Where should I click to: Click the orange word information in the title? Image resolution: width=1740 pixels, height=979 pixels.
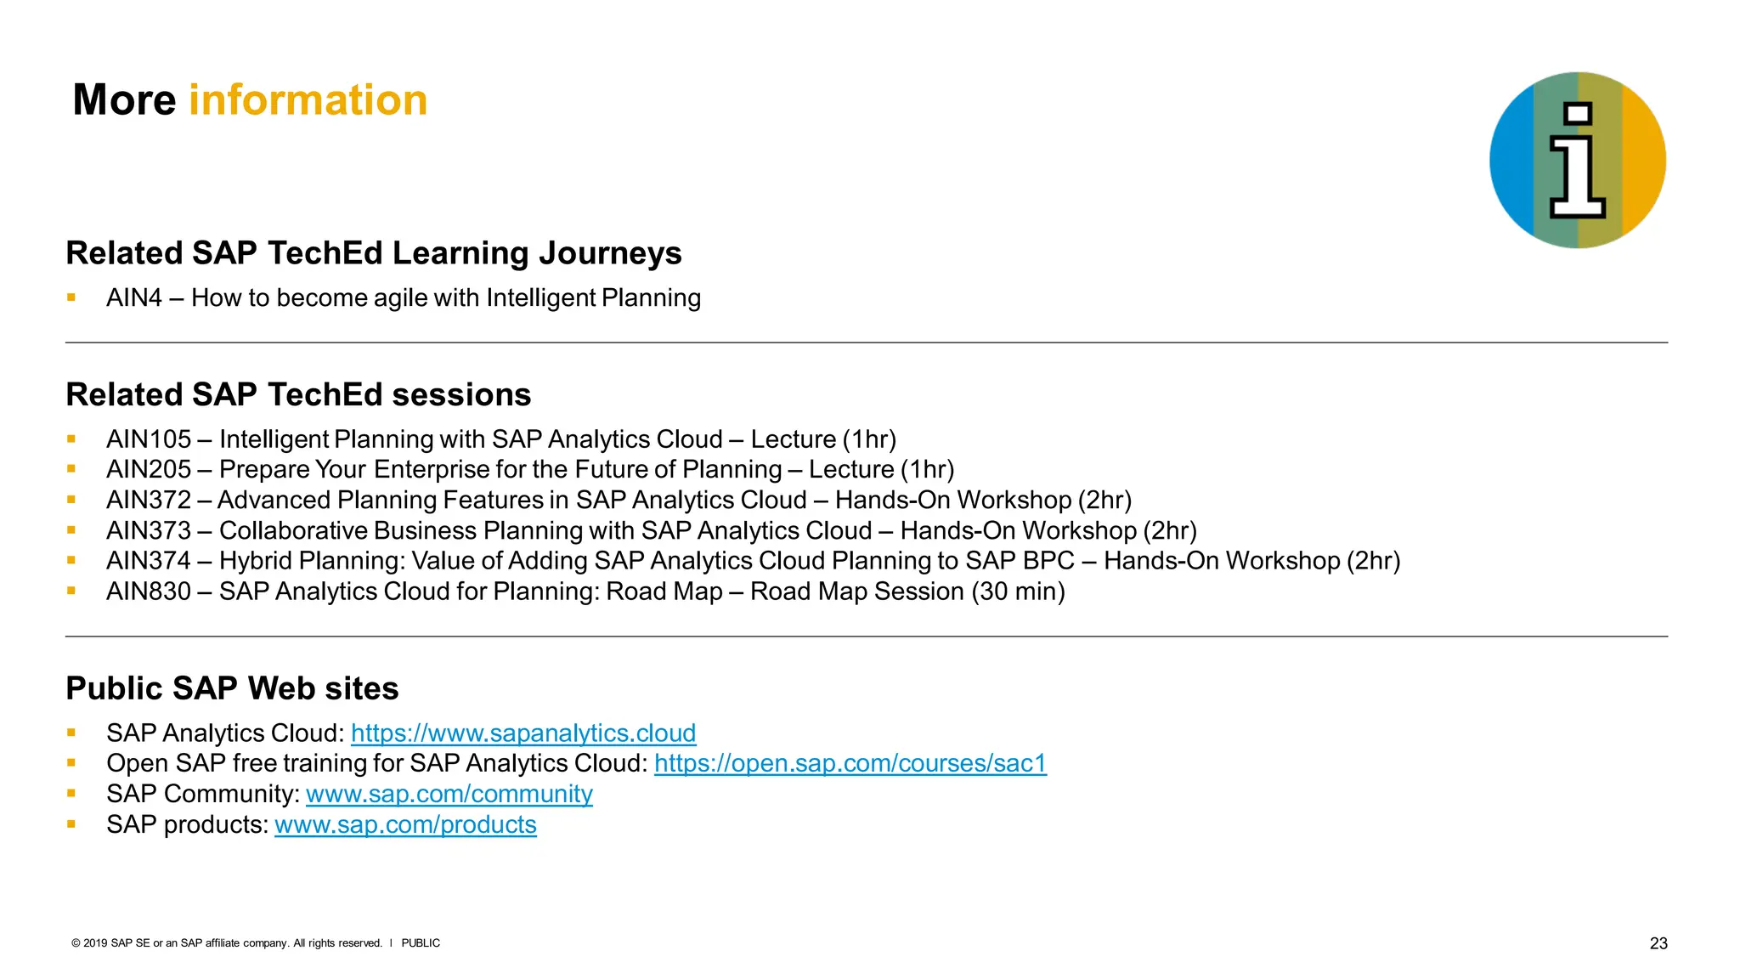[x=308, y=100]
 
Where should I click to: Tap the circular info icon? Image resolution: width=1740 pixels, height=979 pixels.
[x=1577, y=160]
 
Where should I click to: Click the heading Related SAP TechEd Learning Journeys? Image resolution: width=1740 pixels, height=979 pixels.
[x=374, y=253]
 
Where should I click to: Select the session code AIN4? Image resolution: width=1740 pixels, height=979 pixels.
[x=134, y=298]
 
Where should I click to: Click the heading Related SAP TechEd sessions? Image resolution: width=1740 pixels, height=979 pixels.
[x=298, y=395]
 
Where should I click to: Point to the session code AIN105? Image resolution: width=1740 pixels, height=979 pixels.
[x=149, y=439]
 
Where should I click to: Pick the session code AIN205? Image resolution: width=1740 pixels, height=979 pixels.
[x=149, y=470]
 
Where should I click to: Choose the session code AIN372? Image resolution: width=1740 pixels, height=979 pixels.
[x=149, y=501]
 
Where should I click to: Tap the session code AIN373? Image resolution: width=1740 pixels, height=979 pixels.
[x=149, y=531]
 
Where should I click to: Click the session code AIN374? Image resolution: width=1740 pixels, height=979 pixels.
[x=149, y=561]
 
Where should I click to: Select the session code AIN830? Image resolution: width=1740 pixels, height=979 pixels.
[x=149, y=591]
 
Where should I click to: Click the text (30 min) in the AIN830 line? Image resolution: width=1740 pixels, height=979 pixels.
[x=1018, y=591]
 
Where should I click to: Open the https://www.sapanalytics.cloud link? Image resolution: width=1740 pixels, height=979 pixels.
[x=523, y=733]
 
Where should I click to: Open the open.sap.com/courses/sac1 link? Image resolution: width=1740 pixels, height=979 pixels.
[x=850, y=764]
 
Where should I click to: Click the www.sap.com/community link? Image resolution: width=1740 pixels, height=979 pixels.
[x=449, y=795]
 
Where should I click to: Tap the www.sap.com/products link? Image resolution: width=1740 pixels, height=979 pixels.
[x=405, y=825]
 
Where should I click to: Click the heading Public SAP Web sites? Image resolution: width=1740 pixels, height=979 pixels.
[x=232, y=688]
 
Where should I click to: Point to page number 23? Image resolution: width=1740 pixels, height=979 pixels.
[x=1658, y=943]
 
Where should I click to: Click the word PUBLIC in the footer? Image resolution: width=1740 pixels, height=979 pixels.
[x=421, y=943]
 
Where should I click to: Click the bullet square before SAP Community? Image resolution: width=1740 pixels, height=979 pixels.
[x=71, y=794]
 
